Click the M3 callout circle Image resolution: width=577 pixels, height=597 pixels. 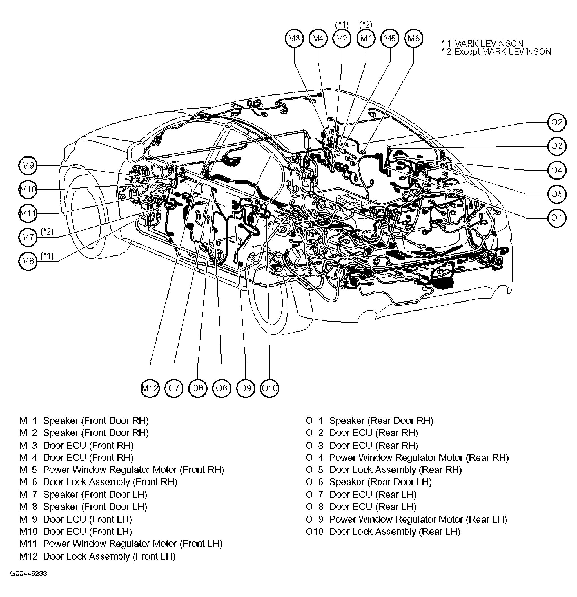294,38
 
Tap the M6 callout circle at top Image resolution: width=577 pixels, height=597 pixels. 414,38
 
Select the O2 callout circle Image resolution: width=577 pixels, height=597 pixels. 557,122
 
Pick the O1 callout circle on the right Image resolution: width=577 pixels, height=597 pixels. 557,218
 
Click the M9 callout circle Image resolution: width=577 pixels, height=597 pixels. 28,165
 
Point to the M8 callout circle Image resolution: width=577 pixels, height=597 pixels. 28,261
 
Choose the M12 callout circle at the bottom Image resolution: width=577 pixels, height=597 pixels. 150,388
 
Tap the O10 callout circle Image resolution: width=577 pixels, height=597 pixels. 269,388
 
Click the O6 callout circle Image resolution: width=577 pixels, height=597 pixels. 222,388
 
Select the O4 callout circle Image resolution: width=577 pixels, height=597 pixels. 557,170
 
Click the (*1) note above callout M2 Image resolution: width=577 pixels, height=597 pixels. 342,24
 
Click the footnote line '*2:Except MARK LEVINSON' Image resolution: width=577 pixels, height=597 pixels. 496,52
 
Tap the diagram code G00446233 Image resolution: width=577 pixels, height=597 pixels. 29,574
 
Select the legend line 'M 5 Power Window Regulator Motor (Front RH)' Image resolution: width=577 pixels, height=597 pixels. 122,470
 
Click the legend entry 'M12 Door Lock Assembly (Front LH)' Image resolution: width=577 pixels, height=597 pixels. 97,556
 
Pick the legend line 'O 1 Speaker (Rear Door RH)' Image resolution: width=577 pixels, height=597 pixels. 369,421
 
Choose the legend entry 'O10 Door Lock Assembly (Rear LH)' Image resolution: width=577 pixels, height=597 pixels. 383,531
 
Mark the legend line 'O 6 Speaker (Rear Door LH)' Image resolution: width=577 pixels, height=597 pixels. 369,482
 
